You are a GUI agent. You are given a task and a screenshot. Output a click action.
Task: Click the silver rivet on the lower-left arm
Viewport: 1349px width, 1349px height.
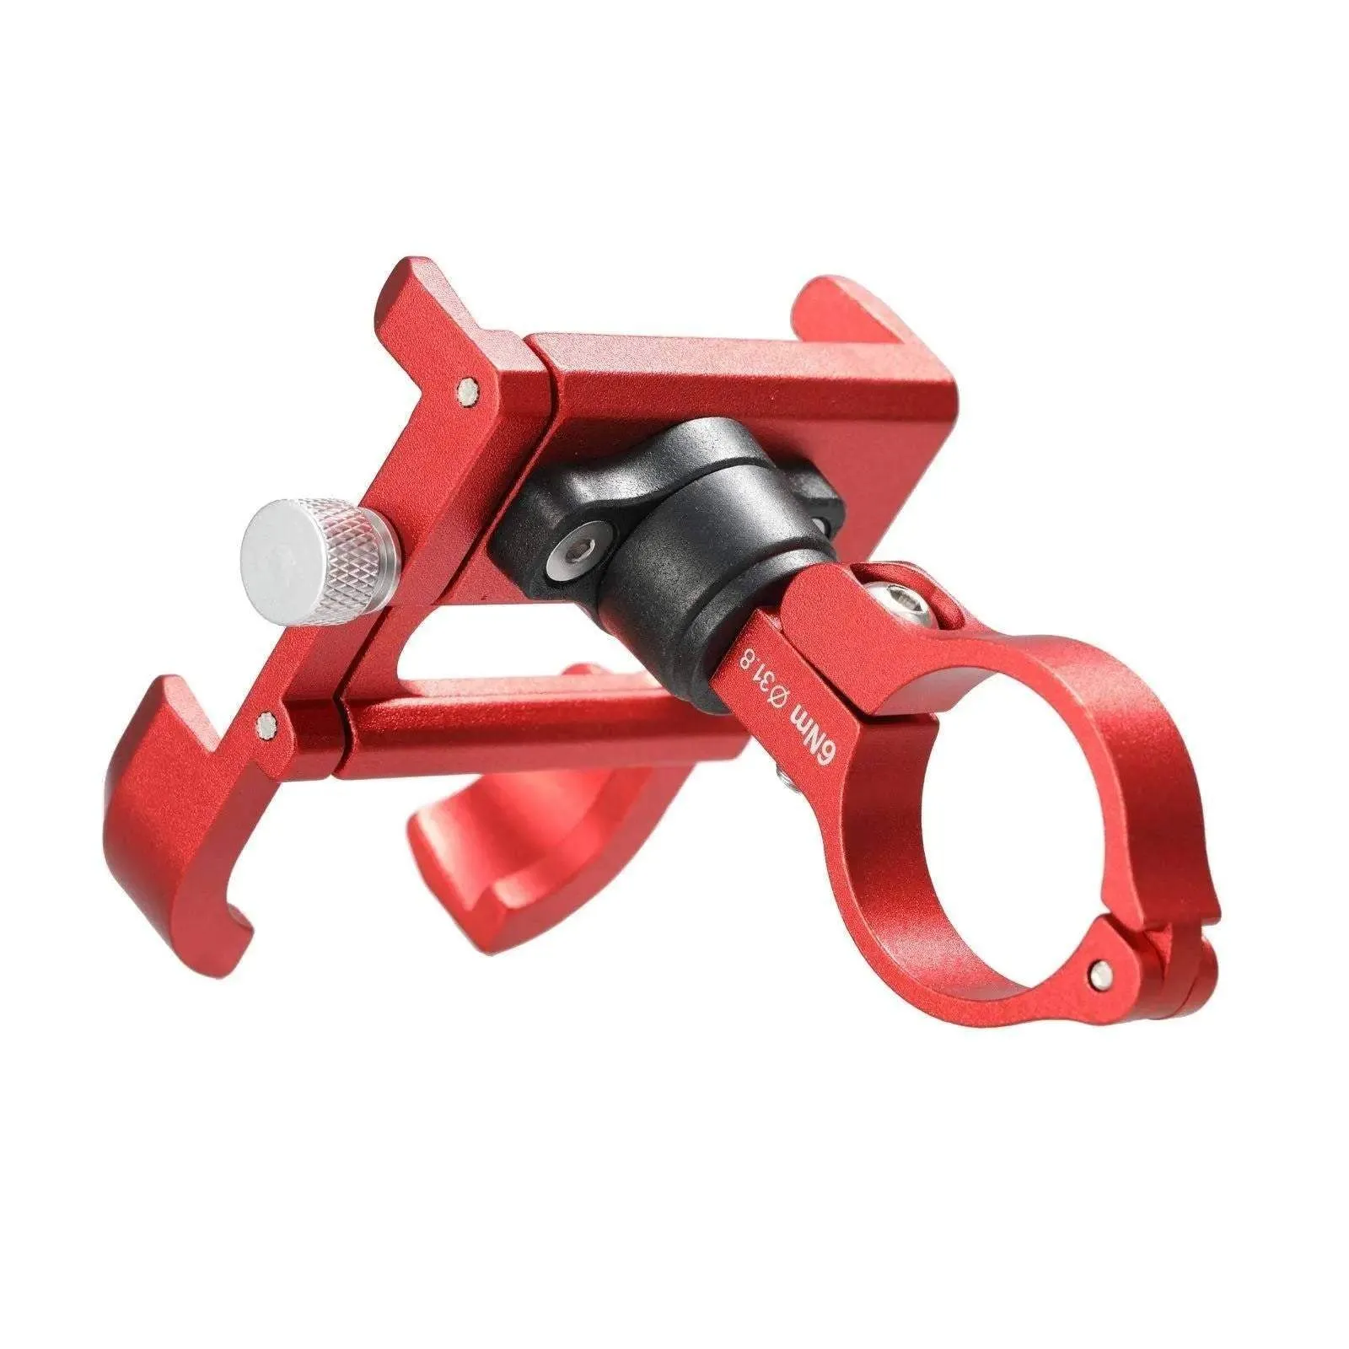(x=269, y=724)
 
